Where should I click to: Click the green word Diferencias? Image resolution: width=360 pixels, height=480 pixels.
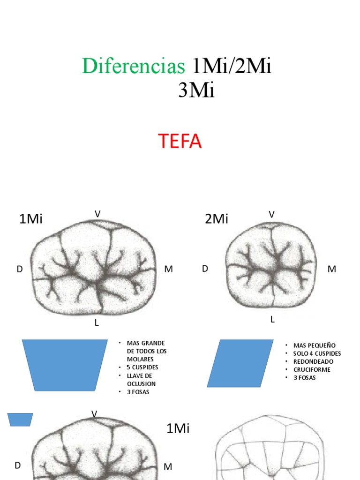133,67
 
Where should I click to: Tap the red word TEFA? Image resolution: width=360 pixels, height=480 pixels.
180,141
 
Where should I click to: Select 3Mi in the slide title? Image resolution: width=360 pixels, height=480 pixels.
196,90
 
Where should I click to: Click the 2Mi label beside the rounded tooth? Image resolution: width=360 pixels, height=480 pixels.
217,218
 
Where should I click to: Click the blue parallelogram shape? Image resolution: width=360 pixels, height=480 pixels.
240,363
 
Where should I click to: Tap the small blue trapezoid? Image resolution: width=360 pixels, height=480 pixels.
20,420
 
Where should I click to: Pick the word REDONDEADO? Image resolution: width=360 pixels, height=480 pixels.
314,361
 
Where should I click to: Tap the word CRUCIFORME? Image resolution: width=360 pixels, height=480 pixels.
312,369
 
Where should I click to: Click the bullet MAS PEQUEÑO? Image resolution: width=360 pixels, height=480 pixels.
315,345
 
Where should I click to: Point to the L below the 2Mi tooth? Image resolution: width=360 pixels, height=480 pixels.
272,320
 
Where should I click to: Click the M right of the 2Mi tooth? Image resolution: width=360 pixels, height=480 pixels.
332,269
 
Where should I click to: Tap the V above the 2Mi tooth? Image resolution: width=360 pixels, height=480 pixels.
271,214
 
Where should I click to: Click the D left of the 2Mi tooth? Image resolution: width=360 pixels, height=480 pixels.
205,269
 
